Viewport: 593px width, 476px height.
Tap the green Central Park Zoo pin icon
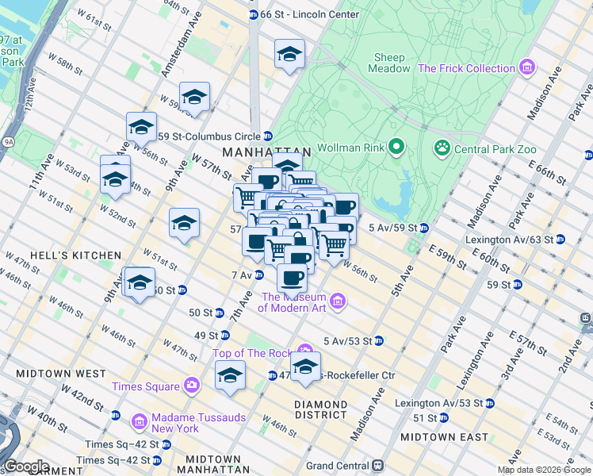click(441, 148)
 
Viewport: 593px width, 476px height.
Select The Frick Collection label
click(466, 68)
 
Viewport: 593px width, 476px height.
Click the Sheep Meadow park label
click(388, 63)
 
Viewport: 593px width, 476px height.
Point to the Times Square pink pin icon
click(191, 386)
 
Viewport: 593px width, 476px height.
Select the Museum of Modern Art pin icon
click(339, 301)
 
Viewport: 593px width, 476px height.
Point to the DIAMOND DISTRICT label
click(321, 409)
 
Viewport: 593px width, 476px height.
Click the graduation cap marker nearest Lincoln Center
click(289, 55)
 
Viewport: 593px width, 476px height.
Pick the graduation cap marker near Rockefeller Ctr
click(304, 367)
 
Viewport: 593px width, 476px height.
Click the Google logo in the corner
click(26, 466)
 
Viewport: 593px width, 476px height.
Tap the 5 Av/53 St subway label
click(347, 341)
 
